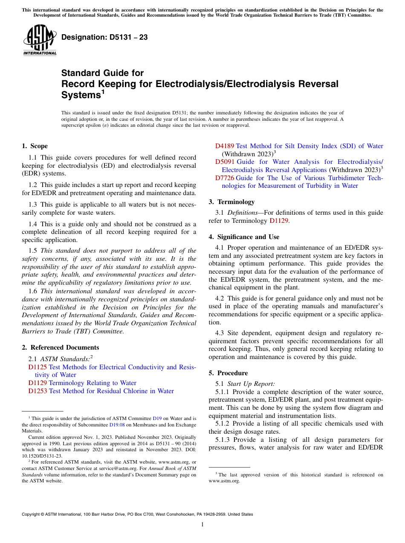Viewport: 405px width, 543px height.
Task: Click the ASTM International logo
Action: (x=40, y=40)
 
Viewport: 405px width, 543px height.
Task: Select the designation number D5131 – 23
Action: (x=104, y=38)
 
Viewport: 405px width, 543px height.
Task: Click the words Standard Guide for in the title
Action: (x=102, y=73)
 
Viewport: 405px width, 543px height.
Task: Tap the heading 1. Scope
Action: (x=35, y=146)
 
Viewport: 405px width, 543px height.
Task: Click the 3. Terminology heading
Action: (x=231, y=202)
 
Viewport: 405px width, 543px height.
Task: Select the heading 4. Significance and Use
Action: (x=244, y=237)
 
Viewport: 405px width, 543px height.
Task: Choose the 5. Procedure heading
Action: (x=228, y=373)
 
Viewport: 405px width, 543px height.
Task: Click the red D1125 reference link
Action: (x=38, y=367)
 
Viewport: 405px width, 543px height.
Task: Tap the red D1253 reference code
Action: (x=38, y=391)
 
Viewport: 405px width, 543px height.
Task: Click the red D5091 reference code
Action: (x=224, y=162)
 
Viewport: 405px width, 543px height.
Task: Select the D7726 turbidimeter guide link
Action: (x=224, y=178)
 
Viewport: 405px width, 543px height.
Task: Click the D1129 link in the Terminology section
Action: (x=278, y=221)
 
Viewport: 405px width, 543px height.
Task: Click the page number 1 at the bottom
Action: (x=202, y=524)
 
